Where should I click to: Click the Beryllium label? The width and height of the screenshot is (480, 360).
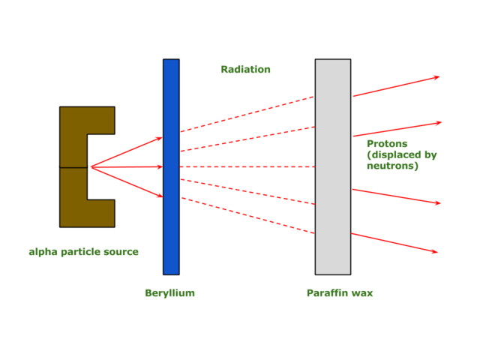coord(169,293)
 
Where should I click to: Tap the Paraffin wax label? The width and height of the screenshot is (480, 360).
coord(339,293)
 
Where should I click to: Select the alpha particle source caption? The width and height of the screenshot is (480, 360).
coord(83,252)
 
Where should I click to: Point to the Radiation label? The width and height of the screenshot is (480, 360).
coord(245,70)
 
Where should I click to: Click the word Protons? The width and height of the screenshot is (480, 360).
coord(387,143)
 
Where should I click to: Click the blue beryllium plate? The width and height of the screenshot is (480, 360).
coord(171,225)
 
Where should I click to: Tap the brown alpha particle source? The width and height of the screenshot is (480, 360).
coord(73,166)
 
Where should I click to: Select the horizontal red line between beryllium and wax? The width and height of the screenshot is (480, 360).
coord(247,166)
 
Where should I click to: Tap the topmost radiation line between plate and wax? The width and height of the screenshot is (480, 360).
coord(247,114)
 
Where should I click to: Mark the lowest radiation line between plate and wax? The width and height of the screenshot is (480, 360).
coord(247,216)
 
